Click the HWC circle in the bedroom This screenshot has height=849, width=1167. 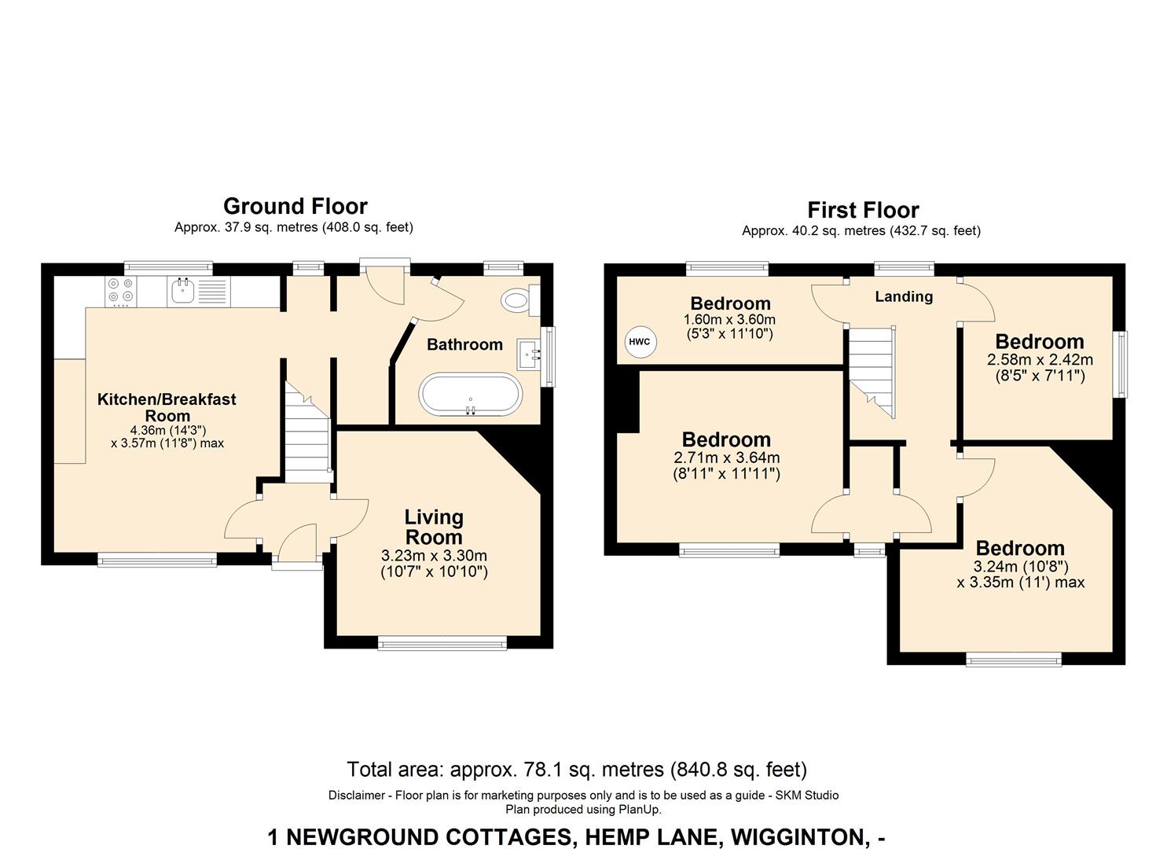640,342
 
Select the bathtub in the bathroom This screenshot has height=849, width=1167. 470,394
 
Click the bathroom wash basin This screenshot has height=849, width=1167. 529,355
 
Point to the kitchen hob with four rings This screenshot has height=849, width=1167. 120,292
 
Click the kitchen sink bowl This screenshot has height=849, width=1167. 182,291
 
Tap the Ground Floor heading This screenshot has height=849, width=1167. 295,207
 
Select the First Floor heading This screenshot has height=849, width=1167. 863,210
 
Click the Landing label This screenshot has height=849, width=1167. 904,296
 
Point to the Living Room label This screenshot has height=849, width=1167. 434,527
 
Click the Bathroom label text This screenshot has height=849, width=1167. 464,344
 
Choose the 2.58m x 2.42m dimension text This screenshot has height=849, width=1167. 1040,359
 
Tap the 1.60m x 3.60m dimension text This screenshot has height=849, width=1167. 729,319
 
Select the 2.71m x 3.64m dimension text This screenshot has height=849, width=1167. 727,458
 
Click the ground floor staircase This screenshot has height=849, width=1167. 308,432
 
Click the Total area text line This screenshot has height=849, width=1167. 577,770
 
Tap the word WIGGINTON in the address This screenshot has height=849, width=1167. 798,837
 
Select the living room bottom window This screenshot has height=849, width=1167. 442,644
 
